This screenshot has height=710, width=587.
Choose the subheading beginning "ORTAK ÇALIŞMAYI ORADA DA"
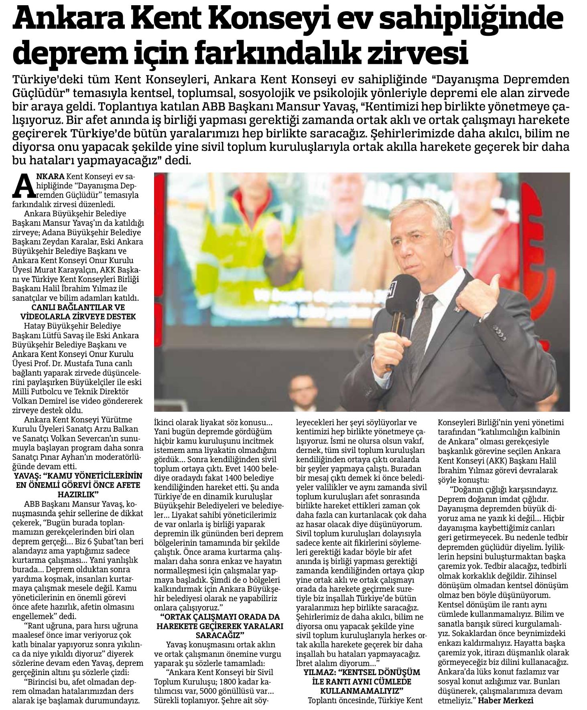click(x=220, y=628)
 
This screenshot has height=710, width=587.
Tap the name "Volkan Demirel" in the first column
click(x=37, y=401)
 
